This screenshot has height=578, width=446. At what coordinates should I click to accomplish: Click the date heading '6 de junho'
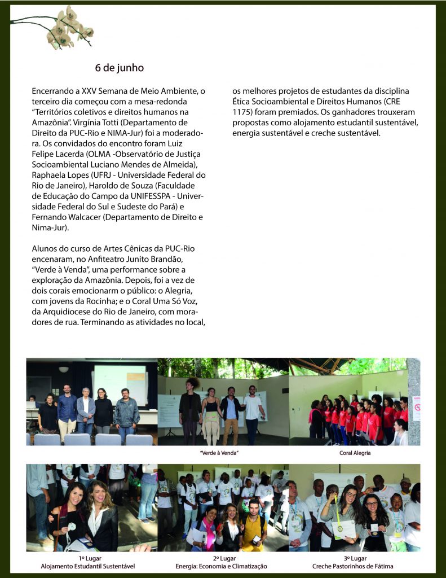pyautogui.click(x=119, y=68)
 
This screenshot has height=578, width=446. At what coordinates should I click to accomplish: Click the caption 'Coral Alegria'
pyautogui.click(x=355, y=453)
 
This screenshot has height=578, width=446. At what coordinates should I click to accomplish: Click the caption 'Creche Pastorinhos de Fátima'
pyautogui.click(x=353, y=566)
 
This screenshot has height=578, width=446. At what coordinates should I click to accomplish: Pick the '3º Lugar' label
pyautogui.click(x=355, y=558)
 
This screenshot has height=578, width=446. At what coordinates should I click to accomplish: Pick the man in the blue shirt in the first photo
pyautogui.click(x=67, y=409)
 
